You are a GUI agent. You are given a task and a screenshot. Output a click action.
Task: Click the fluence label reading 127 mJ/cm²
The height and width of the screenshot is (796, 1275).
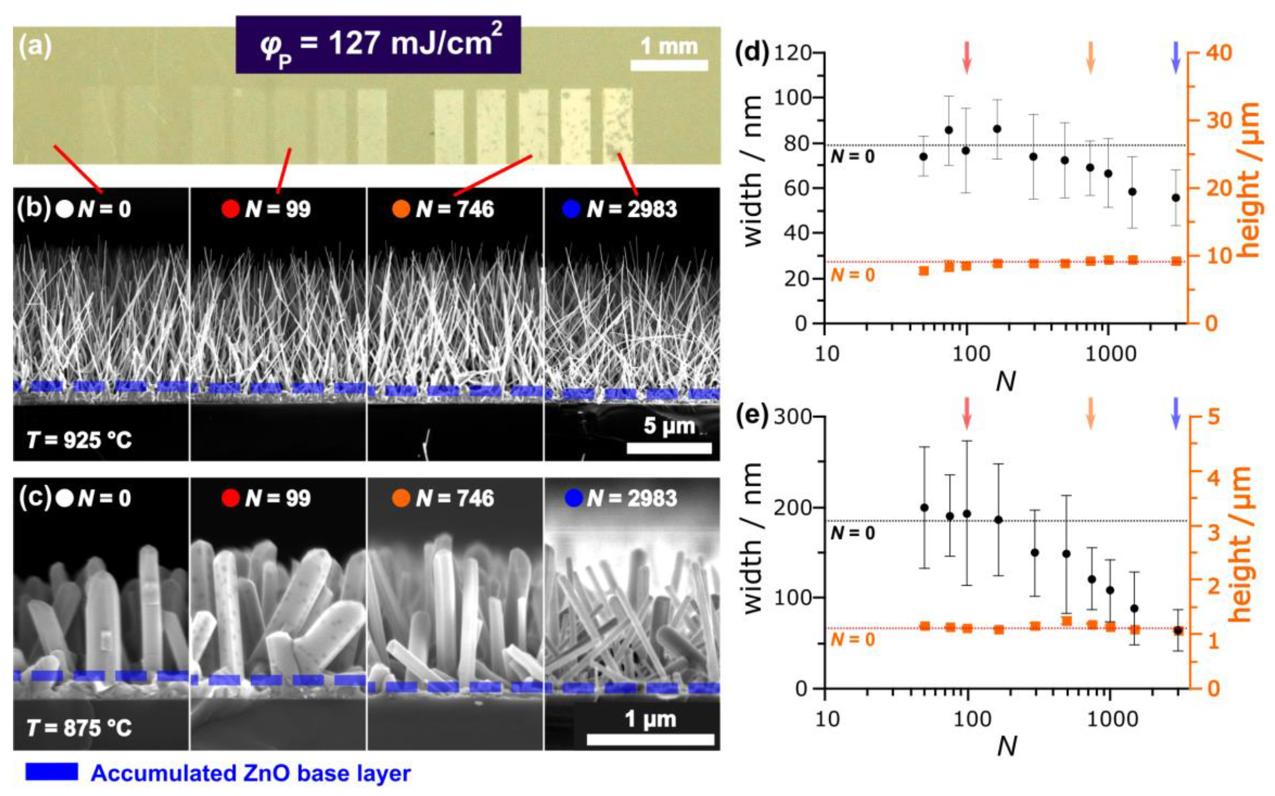pos(378,44)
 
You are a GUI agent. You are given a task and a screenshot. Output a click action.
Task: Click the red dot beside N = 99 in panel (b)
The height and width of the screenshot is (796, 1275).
pos(231,209)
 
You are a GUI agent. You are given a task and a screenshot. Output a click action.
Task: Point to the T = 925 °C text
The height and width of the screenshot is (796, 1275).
pos(79,440)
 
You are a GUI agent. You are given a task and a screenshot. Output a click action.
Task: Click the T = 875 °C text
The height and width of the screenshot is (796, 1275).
pos(79,728)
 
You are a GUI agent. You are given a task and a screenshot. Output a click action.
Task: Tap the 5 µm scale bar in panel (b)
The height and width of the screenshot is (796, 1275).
pos(669,448)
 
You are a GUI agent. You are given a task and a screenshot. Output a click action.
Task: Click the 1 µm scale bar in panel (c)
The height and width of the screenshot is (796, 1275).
pos(650,740)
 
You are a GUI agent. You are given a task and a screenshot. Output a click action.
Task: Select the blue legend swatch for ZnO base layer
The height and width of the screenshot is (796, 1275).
pos(52,772)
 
